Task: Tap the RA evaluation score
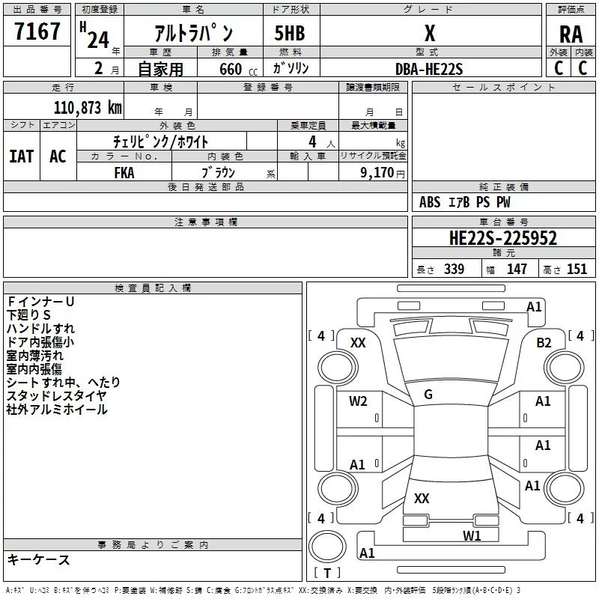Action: [571, 34]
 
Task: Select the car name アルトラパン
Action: [193, 34]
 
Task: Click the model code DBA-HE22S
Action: [429, 69]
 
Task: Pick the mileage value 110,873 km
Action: [88, 107]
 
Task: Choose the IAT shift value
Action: [21, 156]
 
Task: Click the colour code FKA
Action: [124, 171]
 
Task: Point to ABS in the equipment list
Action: [430, 202]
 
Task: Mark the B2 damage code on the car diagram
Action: [544, 343]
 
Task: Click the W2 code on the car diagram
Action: [358, 401]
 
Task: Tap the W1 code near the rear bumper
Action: [472, 535]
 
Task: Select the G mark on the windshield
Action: [428, 395]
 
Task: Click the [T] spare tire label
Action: [326, 574]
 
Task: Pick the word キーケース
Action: [38, 560]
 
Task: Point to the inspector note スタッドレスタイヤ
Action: [57, 396]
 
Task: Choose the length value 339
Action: [454, 270]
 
